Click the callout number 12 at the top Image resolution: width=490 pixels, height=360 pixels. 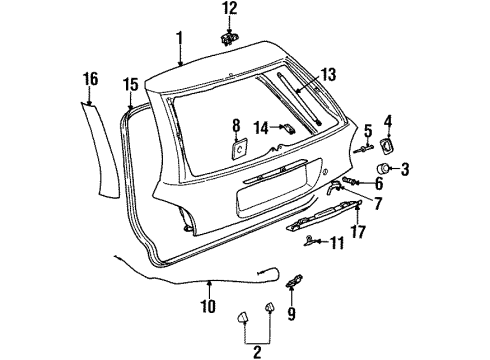tap(230, 8)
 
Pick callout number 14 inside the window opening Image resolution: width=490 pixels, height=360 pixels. tap(260, 127)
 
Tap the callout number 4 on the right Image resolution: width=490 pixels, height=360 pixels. tap(388, 123)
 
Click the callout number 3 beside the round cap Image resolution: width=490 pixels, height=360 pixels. tap(406, 168)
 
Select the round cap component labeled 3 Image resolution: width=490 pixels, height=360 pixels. tap(384, 168)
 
